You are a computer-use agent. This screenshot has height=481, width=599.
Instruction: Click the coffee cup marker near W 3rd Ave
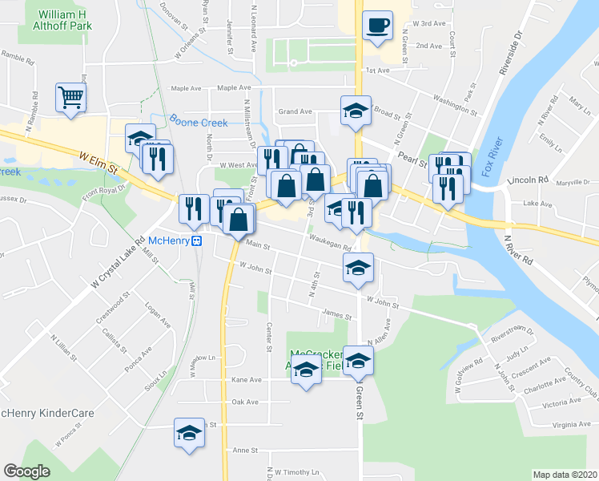tap(377, 25)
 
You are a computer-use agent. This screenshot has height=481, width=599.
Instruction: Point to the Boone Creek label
tap(198, 123)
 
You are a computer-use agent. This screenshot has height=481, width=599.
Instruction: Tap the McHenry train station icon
tap(195, 241)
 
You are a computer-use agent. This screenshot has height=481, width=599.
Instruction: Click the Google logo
tap(27, 471)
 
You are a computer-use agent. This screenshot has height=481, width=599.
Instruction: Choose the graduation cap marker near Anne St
tap(189, 434)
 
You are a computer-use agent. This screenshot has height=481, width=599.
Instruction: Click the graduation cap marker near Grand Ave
tap(356, 110)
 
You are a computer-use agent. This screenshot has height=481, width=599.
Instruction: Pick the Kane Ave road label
tap(246, 379)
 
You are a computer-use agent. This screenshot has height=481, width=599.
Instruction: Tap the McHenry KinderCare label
tap(47, 414)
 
